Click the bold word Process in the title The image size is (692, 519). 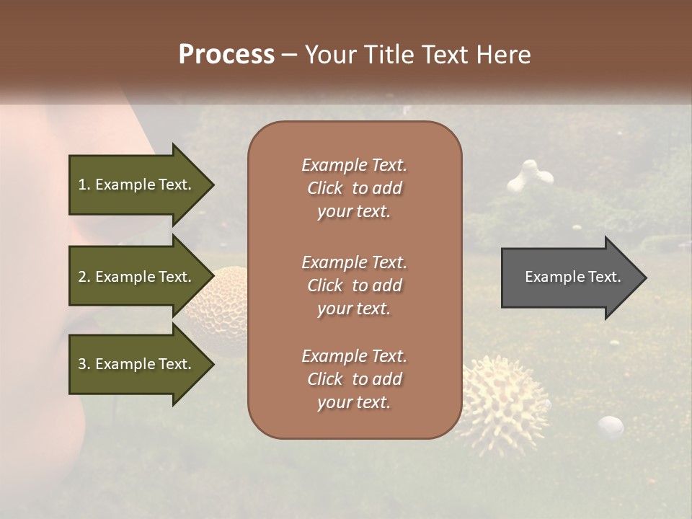226,55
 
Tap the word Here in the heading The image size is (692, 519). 504,55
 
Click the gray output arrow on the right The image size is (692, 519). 569,277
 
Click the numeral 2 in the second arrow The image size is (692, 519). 82,277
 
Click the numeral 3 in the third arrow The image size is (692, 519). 82,364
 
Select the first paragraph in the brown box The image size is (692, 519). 354,188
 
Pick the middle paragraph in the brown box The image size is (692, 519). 354,285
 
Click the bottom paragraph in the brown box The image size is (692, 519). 354,379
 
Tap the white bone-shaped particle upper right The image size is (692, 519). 530,177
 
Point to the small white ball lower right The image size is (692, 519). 611,426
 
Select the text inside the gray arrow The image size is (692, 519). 572,277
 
